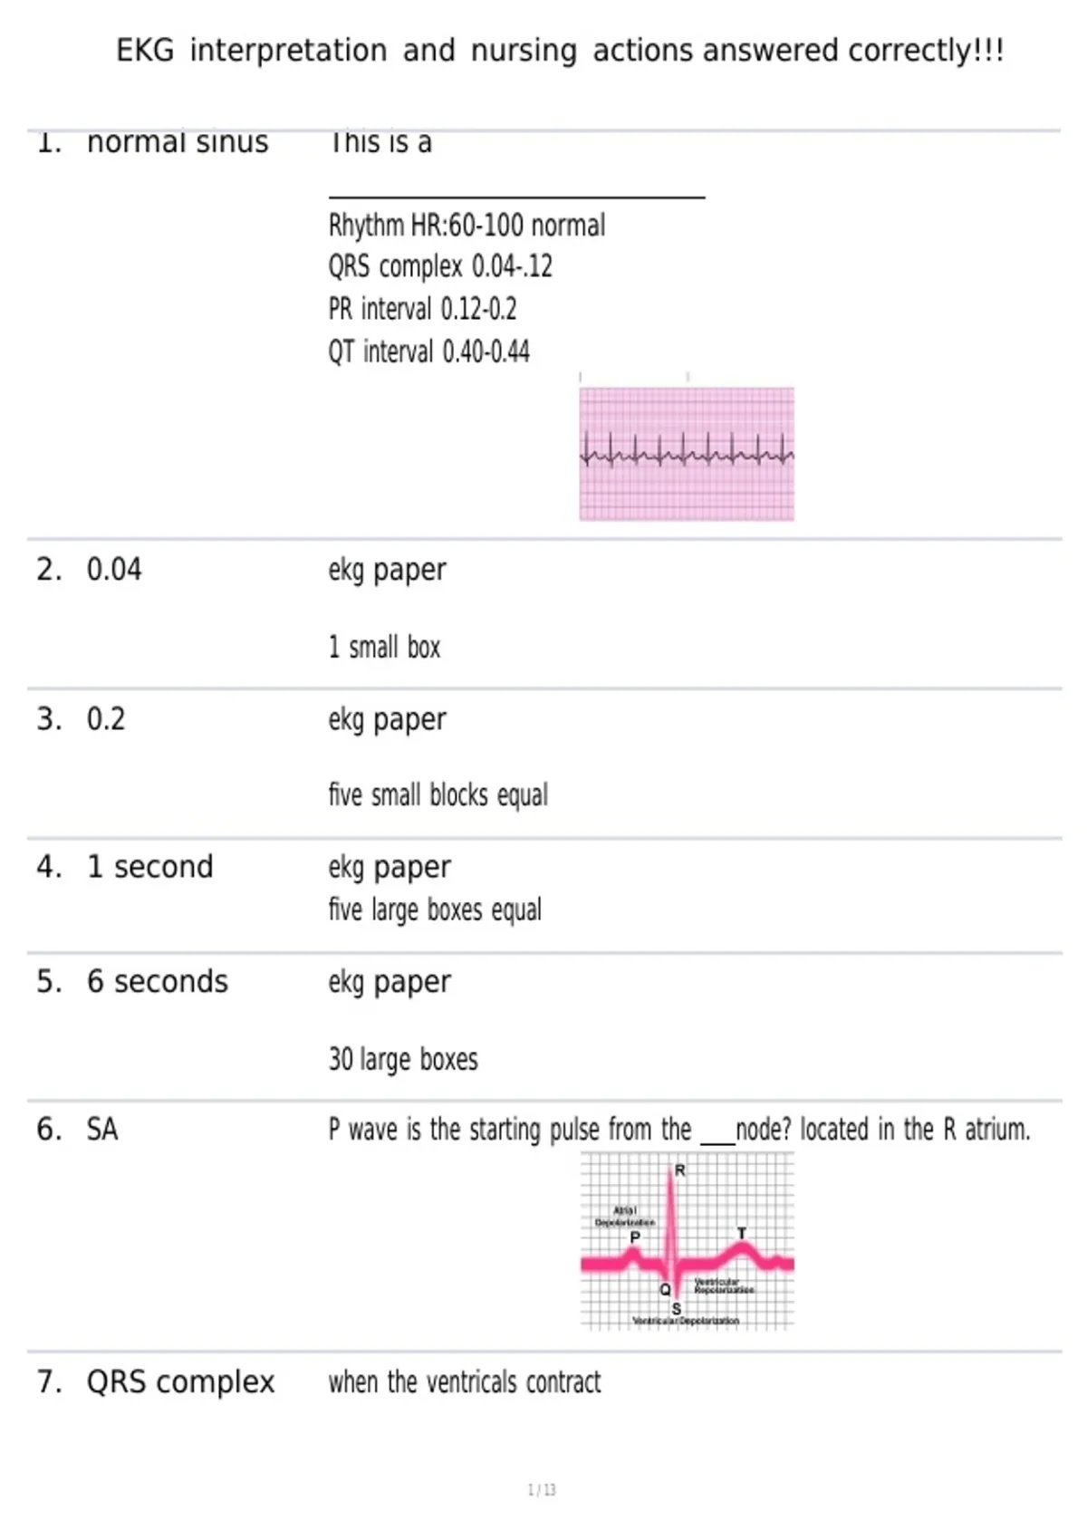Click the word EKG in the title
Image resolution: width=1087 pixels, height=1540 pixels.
coord(145,51)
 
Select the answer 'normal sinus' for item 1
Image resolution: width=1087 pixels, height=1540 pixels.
coord(178,142)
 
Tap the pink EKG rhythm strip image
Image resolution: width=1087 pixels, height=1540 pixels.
coord(687,454)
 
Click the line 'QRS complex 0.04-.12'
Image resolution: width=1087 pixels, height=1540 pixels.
coord(440,266)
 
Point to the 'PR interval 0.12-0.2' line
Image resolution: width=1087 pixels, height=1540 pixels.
coord(422,309)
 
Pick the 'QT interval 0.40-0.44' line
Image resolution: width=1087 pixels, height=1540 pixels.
coord(428,351)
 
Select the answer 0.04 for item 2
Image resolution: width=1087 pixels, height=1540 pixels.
coord(114,570)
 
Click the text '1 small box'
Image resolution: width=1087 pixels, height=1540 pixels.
coord(384,648)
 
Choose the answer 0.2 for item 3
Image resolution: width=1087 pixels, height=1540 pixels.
coord(106,719)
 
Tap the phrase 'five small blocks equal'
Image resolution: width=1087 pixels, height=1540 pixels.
coord(438,795)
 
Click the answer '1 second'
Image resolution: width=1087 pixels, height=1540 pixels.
coord(150,867)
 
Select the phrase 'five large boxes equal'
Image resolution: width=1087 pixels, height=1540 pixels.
coord(435,910)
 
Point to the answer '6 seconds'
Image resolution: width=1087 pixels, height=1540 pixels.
coord(158,982)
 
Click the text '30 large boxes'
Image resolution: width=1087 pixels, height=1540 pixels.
coord(403,1059)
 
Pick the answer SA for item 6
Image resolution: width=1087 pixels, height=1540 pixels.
coord(102,1130)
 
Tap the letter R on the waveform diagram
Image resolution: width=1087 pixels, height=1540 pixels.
coord(680,1170)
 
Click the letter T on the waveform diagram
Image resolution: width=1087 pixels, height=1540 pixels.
coord(742,1233)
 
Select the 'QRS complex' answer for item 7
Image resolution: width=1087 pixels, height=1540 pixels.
coord(180,1382)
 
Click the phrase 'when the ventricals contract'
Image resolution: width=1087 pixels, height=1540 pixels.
coord(465,1382)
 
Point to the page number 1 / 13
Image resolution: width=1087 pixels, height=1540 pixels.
coord(542,1490)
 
